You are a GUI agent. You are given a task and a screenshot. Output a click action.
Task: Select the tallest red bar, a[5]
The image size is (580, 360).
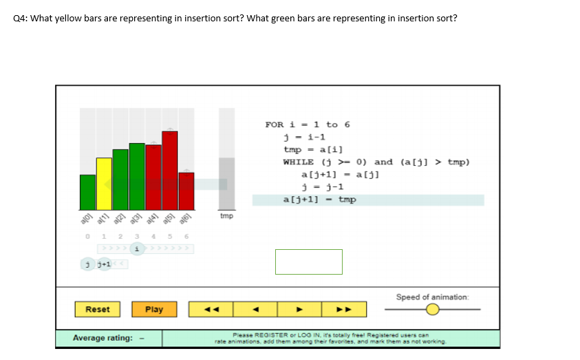click(x=170, y=170)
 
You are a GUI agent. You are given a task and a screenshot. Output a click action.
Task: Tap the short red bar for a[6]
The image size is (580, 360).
click(x=186, y=191)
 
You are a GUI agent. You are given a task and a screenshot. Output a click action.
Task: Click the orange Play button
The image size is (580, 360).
click(x=154, y=309)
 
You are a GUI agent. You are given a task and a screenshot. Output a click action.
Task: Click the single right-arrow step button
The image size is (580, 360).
click(x=299, y=309)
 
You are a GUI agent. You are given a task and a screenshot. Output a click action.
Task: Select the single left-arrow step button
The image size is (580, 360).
click(x=255, y=309)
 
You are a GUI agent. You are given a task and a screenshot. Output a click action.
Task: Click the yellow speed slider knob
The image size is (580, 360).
click(x=432, y=309)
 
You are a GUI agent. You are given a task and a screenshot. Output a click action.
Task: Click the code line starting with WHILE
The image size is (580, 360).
click(x=376, y=162)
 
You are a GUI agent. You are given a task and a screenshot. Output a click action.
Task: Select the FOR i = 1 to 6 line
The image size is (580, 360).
click(x=308, y=125)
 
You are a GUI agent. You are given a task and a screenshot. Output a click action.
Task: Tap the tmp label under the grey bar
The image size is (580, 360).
click(x=226, y=216)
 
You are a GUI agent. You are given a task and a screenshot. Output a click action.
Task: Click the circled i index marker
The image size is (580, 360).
click(x=137, y=248)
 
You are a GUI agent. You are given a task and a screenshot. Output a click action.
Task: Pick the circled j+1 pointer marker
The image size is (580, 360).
click(x=104, y=264)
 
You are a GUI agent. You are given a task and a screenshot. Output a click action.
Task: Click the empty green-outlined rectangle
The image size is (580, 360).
click(x=308, y=262)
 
